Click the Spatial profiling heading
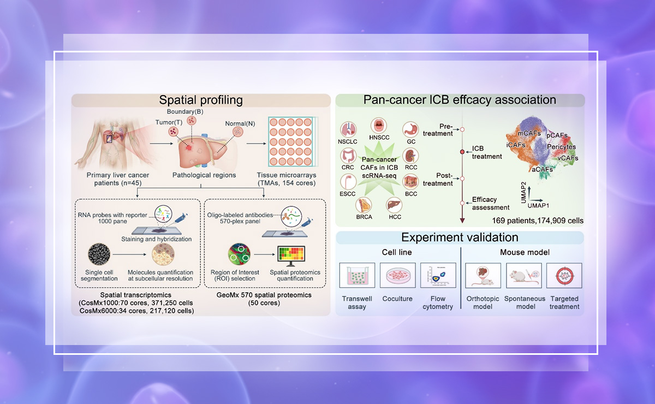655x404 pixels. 201,100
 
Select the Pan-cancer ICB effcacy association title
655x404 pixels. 460,100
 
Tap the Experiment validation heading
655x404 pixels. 460,237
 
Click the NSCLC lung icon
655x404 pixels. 348,129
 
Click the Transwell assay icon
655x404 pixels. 357,276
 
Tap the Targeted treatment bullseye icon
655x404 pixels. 564,276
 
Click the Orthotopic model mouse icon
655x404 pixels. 479,276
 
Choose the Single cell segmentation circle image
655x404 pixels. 99,254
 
